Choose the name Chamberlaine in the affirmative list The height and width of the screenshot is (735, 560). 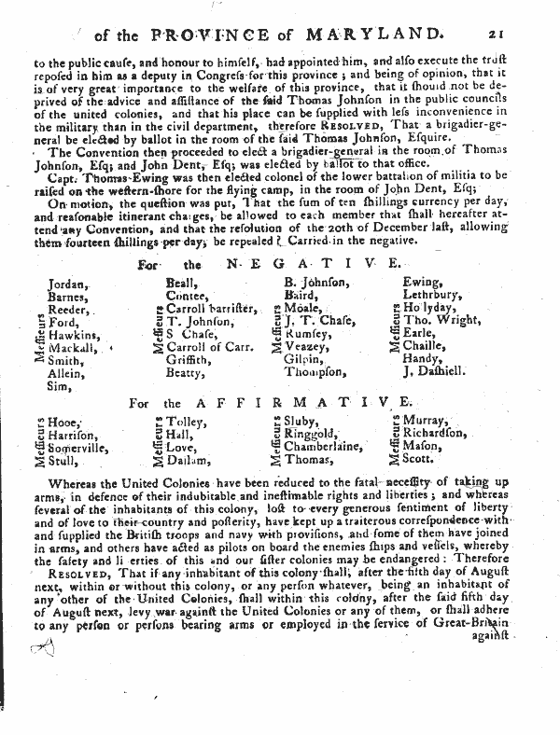pyautogui.click(x=326, y=446)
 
